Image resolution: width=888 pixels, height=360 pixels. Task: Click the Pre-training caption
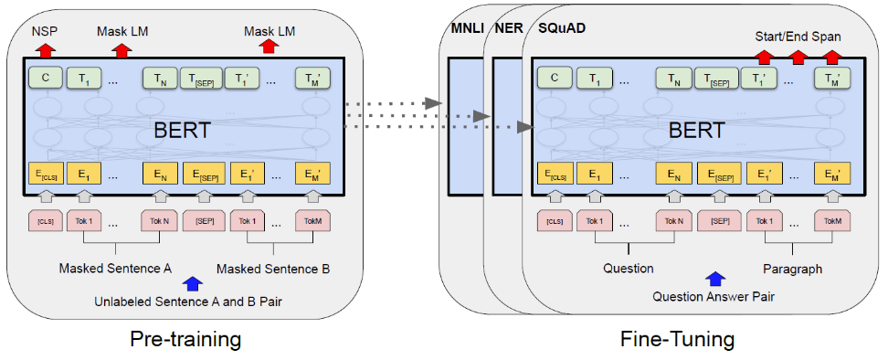tap(185, 340)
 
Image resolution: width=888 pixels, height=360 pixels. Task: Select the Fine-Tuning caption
tap(677, 340)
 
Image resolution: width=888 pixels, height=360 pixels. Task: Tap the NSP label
tap(43, 31)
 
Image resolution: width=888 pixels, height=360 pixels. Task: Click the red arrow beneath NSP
tap(43, 49)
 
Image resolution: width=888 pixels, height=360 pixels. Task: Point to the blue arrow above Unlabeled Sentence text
tap(192, 284)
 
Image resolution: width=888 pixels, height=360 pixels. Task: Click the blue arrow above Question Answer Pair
tap(714, 279)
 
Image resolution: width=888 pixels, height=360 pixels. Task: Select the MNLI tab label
tap(465, 27)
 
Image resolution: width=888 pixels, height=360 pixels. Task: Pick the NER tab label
tap(508, 27)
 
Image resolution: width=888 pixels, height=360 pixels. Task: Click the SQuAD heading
tap(563, 27)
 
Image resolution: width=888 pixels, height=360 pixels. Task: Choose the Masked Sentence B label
tap(273, 269)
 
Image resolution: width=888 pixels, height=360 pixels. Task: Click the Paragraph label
tap(793, 269)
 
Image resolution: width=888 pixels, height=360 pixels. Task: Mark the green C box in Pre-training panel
tap(43, 79)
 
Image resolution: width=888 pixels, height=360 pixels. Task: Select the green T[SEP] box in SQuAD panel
tap(717, 79)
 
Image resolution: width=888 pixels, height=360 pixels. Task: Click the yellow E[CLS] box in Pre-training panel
tap(43, 174)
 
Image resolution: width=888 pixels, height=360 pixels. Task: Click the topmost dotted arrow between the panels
tap(393, 104)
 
